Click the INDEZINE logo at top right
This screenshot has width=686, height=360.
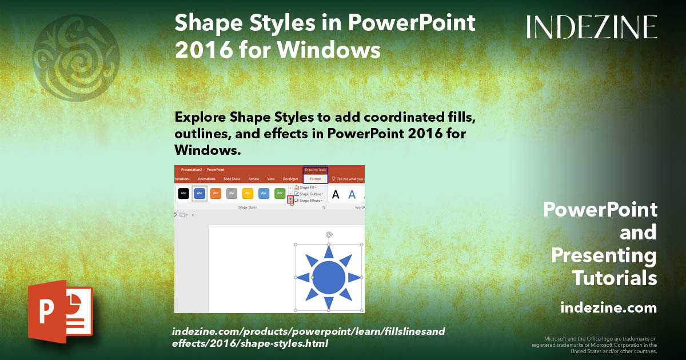[592, 27]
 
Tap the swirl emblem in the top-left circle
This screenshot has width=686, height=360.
[76, 58]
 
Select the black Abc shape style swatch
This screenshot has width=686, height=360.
[184, 194]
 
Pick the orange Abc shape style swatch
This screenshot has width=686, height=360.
[216, 194]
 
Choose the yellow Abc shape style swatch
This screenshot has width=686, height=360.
[248, 194]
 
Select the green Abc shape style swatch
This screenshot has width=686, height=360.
[280, 194]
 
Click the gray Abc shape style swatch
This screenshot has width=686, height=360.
[232, 194]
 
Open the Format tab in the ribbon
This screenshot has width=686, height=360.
[315, 179]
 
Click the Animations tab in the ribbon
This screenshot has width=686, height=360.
[206, 179]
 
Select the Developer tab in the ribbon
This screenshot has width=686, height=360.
[290, 179]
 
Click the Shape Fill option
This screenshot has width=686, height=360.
[308, 187]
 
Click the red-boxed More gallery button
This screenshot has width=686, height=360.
[290, 199]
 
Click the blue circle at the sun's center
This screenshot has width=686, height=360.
[329, 277]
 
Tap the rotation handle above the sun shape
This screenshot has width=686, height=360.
[329, 234]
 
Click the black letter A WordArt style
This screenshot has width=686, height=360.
[336, 195]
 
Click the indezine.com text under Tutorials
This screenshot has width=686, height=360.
[608, 308]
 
